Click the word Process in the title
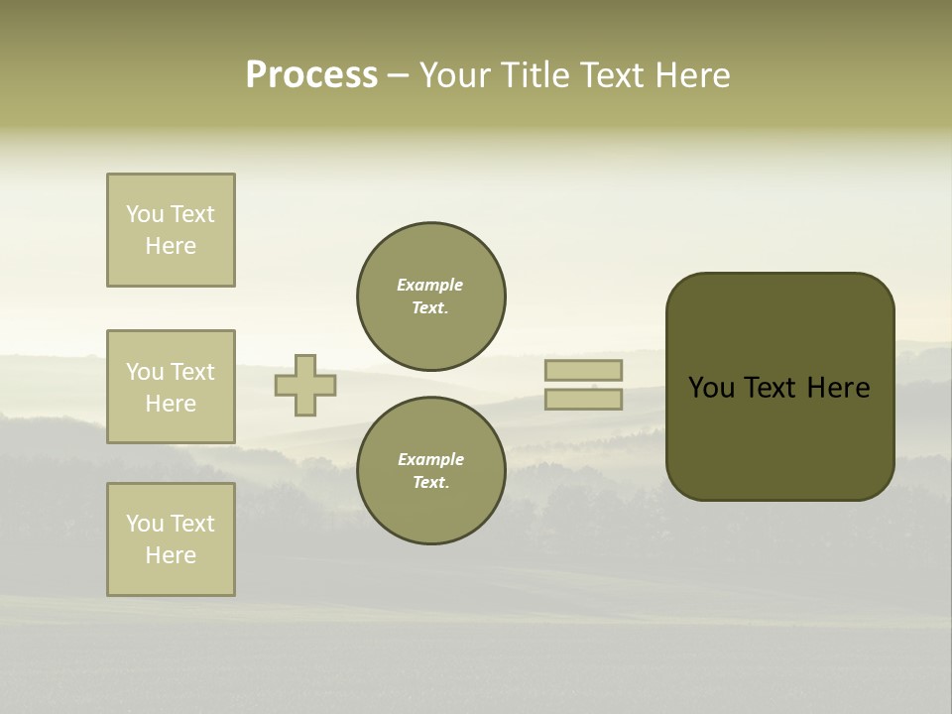click(x=311, y=75)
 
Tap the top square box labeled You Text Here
click(x=171, y=230)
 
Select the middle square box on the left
click(x=171, y=387)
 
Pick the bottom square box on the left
click(x=171, y=539)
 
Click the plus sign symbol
click(x=305, y=385)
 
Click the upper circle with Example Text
click(x=431, y=297)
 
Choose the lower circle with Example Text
click(x=431, y=471)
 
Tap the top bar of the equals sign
click(x=583, y=370)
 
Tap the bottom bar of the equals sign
click(x=583, y=400)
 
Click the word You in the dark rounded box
click(x=712, y=388)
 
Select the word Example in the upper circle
click(x=430, y=285)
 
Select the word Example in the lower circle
click(x=430, y=459)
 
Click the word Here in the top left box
click(x=171, y=246)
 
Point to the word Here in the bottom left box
click(x=171, y=555)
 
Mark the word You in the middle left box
click(x=145, y=372)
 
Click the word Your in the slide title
click(x=457, y=75)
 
